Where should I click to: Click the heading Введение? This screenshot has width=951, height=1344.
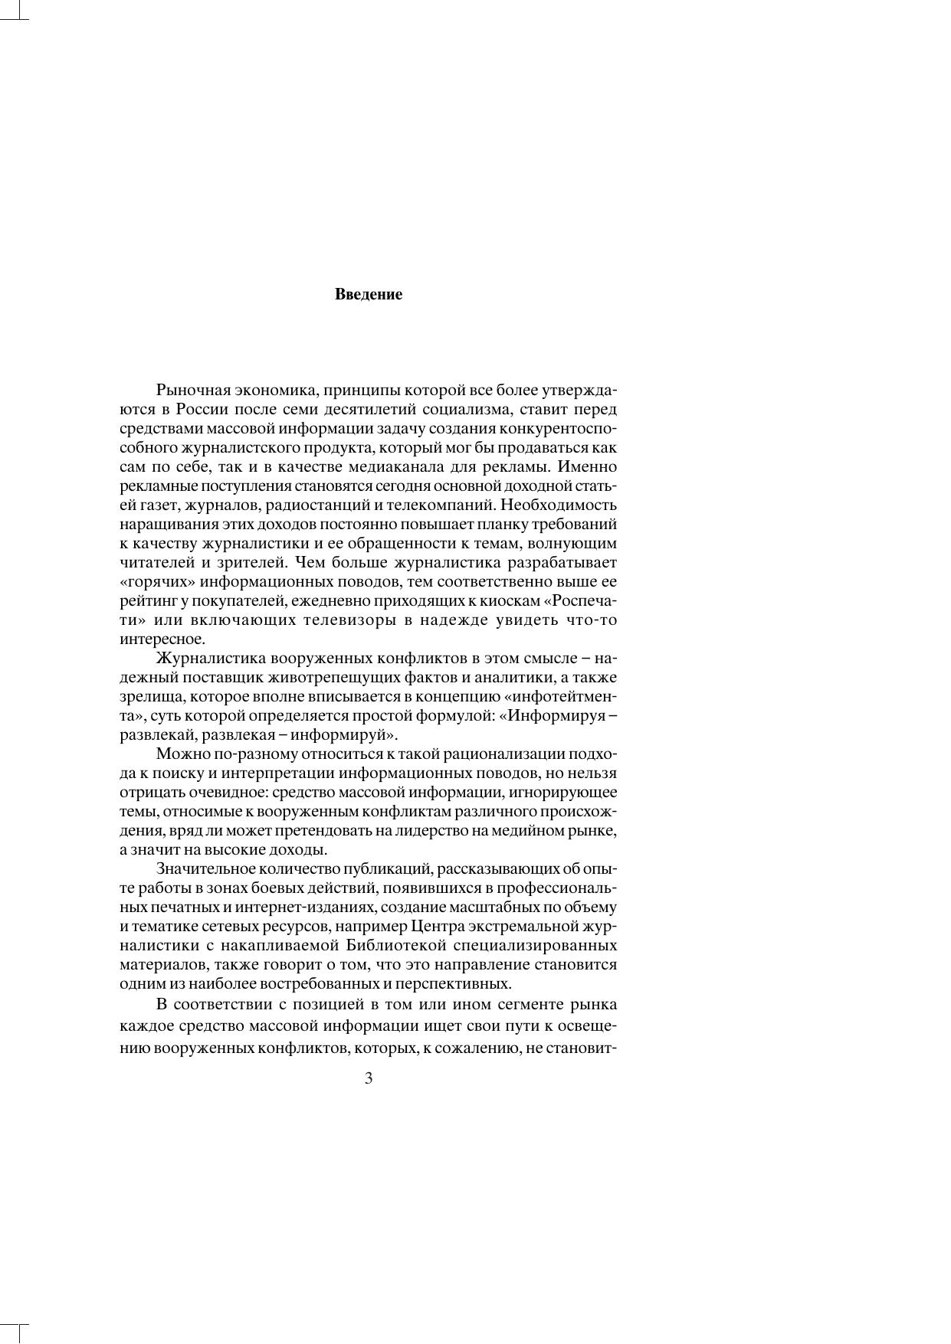coord(368,295)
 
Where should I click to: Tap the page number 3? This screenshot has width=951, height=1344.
coord(369,1079)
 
